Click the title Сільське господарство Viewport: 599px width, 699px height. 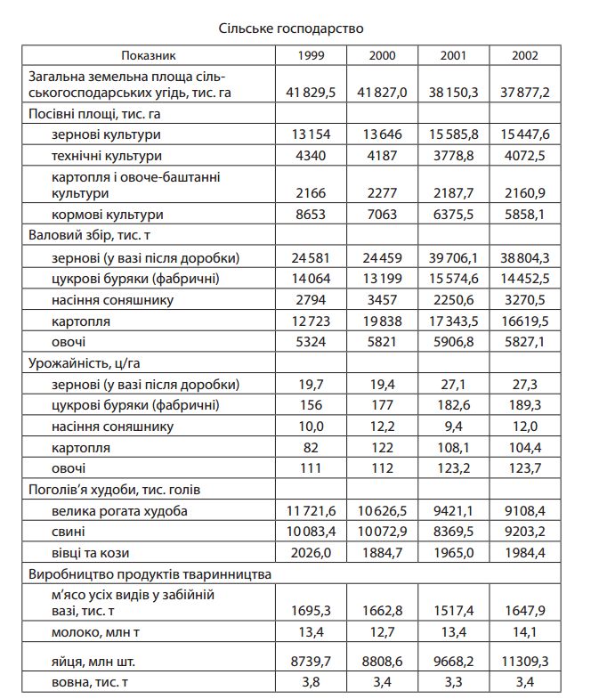point(291,28)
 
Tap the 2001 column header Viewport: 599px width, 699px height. point(454,55)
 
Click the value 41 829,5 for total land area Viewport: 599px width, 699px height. point(311,92)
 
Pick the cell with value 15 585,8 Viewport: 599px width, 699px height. point(454,134)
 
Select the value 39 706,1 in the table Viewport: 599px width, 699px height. point(454,257)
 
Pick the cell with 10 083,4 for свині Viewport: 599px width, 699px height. point(311,532)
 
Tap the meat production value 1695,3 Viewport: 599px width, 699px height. point(311,610)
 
